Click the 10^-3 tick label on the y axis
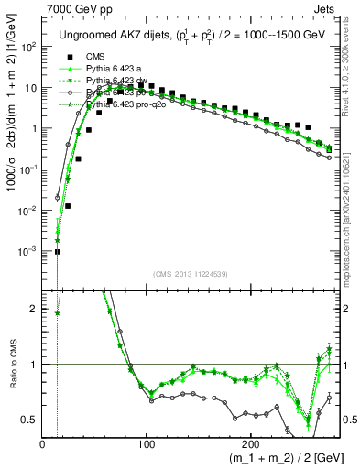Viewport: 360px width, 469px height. (x=27, y=251)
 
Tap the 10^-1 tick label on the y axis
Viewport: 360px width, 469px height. (x=27, y=169)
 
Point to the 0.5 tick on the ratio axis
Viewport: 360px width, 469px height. (x=30, y=420)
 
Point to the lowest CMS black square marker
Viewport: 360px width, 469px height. (x=58, y=252)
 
